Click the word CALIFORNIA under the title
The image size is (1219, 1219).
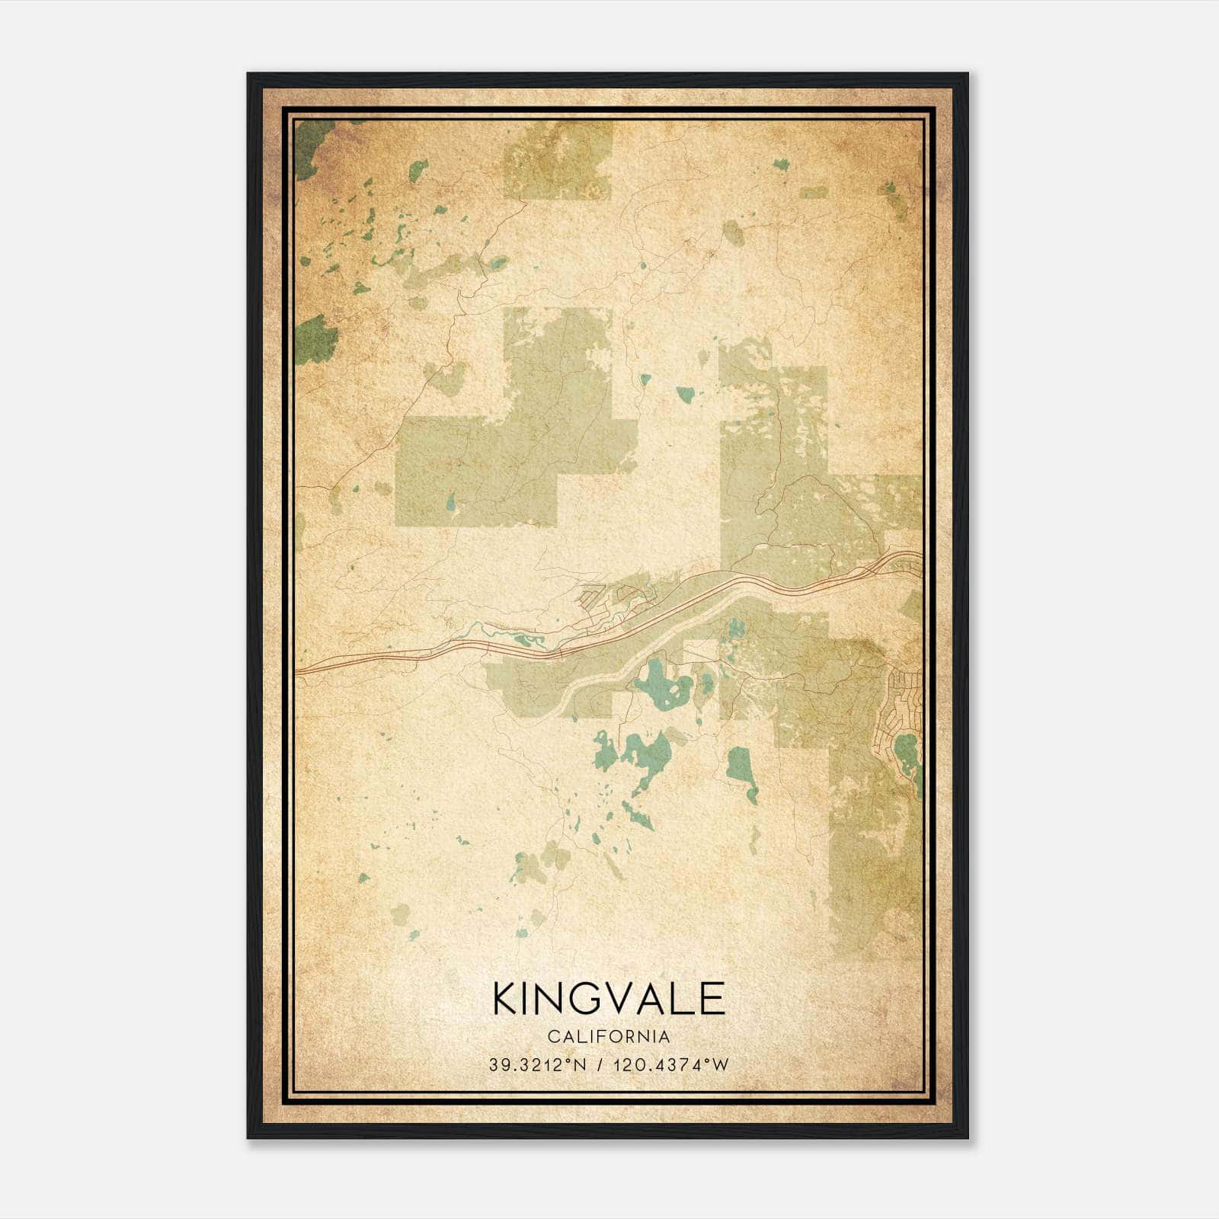[x=609, y=1037]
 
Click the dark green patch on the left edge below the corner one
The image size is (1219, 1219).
[x=315, y=340]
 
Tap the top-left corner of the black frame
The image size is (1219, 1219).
[x=249, y=75]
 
